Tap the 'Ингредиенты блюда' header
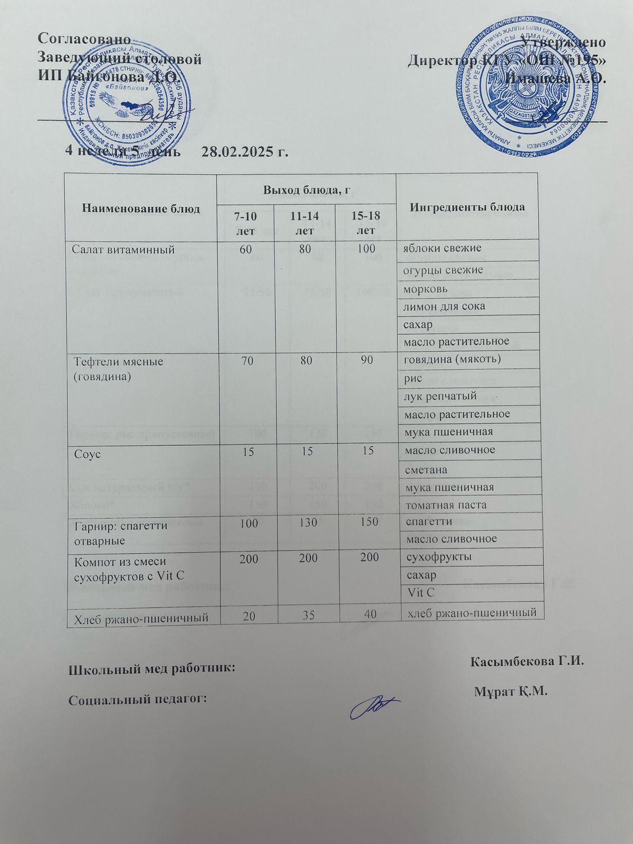coord(467,206)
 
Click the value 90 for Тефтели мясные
coord(368,361)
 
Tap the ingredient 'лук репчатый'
coord(440,396)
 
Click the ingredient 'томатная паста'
coord(445,504)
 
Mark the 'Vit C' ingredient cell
coord(422,592)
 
